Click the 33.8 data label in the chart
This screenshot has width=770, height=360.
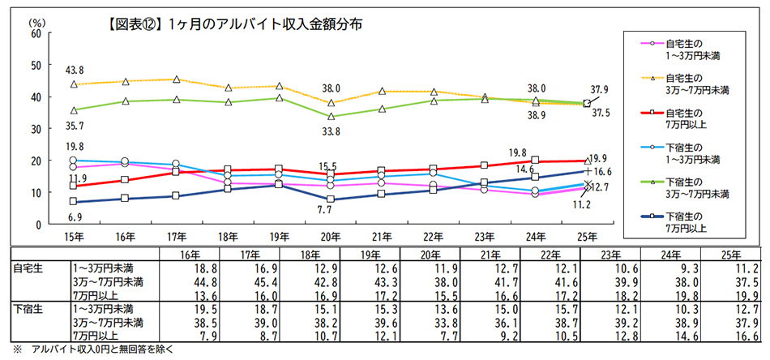pyautogui.click(x=331, y=130)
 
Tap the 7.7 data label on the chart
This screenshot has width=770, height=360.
pyautogui.click(x=331, y=210)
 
